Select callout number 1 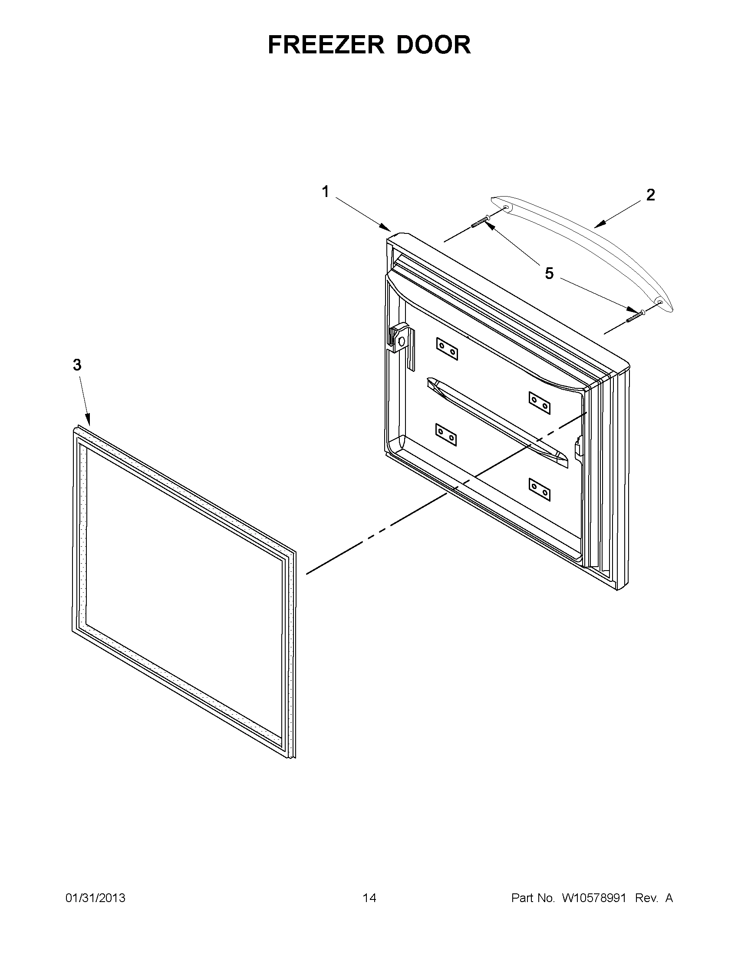pos(326,191)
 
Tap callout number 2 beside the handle pos(650,195)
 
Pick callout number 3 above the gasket pos(77,364)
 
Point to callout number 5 pos(549,274)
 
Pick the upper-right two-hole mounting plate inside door pos(540,403)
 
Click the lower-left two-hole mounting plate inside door pos(446,435)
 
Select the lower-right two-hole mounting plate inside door pos(540,489)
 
